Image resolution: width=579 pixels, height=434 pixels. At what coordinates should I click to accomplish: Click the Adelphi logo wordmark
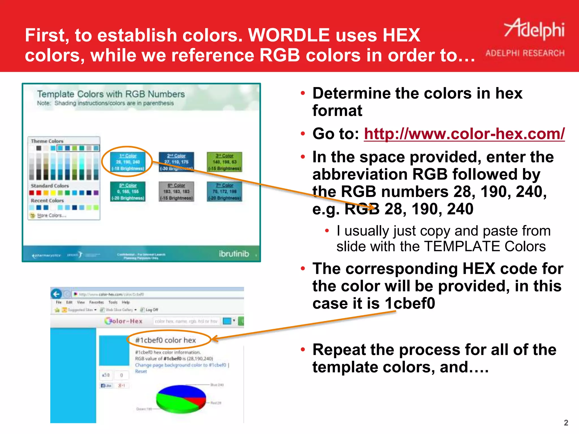click(534, 30)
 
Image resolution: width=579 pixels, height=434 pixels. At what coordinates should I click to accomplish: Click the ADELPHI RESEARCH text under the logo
click(525, 53)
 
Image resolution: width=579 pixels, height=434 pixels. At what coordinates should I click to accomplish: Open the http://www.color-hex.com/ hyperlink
click(464, 134)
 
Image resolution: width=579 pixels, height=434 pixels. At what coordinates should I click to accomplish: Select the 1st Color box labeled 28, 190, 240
click(128, 162)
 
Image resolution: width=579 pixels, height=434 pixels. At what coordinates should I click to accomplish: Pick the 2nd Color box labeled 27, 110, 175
click(176, 162)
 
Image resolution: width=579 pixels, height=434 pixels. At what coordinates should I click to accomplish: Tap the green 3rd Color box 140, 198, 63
click(224, 162)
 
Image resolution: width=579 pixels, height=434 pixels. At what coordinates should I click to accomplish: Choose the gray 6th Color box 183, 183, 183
click(176, 192)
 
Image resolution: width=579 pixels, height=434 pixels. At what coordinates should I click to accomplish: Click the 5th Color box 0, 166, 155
click(128, 192)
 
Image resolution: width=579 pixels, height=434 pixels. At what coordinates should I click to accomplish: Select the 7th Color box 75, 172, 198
click(224, 192)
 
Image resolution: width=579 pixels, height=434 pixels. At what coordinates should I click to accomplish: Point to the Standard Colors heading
click(50, 186)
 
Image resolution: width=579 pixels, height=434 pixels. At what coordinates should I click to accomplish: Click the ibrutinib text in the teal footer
click(234, 254)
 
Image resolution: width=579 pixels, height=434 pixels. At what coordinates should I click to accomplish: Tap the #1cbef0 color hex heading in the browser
click(166, 340)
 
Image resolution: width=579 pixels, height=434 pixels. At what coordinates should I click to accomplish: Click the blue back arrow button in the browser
click(56, 294)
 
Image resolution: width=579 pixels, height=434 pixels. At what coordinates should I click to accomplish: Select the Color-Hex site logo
click(124, 321)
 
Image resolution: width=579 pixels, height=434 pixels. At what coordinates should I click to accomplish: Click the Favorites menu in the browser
click(96, 302)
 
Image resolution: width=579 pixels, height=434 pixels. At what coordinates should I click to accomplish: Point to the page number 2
click(566, 423)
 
